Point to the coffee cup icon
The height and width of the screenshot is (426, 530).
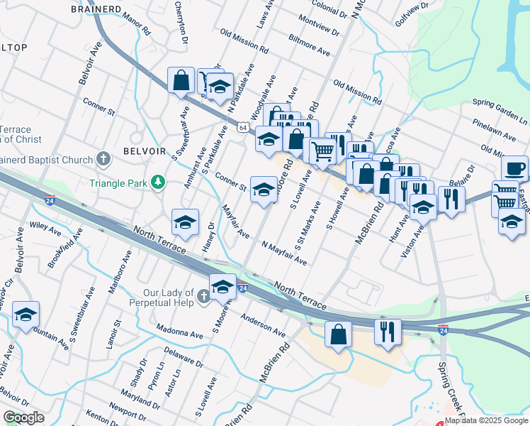click(x=514, y=169)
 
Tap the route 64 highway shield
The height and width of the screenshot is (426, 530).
click(x=243, y=128)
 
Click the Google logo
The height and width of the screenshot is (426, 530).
click(x=23, y=417)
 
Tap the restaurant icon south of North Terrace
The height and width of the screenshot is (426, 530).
click(x=388, y=332)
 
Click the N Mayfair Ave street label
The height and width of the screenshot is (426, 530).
click(x=284, y=253)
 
